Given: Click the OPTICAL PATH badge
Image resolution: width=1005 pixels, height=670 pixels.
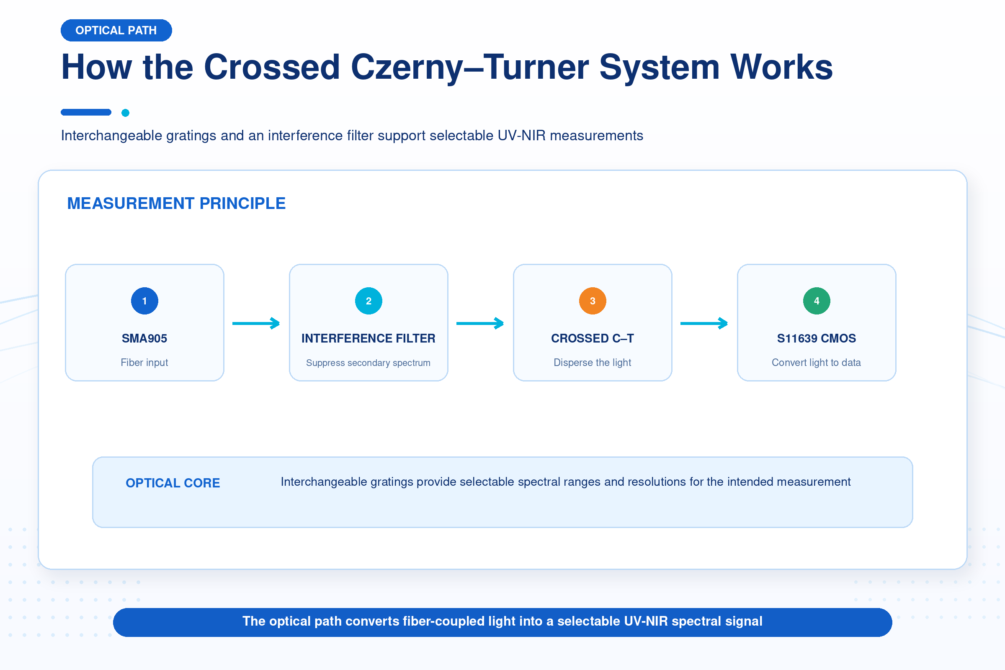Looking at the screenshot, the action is coord(116,30).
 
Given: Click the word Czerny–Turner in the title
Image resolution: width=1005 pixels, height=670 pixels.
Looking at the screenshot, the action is coord(469,67).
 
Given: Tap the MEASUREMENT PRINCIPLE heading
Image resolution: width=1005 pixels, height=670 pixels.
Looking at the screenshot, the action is coord(176,204).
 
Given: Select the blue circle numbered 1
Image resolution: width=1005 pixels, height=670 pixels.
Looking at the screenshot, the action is coord(144,301).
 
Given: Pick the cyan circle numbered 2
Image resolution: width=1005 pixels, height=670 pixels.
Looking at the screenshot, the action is coord(368,301).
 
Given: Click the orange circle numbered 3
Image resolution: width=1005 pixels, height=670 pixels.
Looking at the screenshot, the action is coord(593,301).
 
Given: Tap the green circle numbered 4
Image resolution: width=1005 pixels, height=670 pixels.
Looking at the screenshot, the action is coord(817,301).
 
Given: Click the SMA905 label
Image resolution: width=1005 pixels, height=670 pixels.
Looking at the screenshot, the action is coord(144,338).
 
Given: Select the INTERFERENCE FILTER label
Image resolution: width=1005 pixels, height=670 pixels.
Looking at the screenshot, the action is coord(368,338).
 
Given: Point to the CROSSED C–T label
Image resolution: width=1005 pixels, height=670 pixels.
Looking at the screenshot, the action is coord(593,338).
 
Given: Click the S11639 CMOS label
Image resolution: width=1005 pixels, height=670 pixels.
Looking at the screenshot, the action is coord(817,338).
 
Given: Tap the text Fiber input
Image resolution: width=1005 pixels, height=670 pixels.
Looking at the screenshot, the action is coord(144,362).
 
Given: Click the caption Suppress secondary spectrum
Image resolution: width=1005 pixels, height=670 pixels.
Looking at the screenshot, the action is coord(368,363).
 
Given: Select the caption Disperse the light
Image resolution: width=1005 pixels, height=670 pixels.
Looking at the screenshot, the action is coord(593,362).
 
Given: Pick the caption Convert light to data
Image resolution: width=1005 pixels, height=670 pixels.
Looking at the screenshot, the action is coord(817,362).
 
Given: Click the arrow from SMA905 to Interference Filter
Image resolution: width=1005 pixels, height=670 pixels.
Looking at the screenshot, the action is coord(256,323).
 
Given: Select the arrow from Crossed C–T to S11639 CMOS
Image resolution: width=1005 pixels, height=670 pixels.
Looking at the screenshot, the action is coord(704,323).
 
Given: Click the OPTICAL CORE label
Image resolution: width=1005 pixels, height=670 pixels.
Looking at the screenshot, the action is coord(173,483).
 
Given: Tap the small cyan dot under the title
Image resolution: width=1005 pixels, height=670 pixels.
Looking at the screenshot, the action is coord(125,113).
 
